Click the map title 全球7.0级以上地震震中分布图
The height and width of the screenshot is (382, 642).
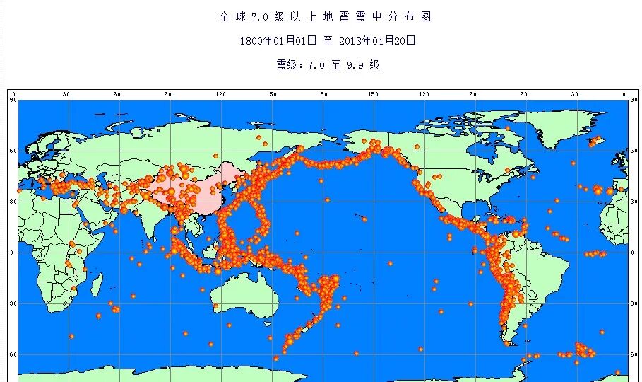[325, 16]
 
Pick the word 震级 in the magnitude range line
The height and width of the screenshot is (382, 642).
[287, 65]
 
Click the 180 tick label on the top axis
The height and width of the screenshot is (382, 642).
[323, 95]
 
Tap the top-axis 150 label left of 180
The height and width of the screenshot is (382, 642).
[272, 95]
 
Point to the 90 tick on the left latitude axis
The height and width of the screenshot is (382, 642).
[12, 100]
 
